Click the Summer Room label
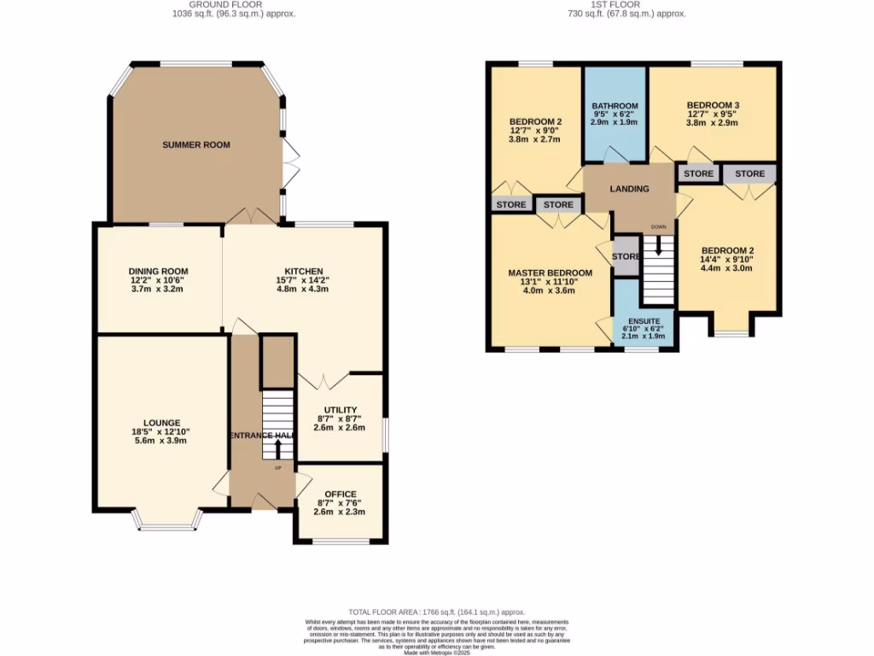pos(196,145)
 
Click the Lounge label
pos(161,423)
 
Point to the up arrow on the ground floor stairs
pos(278,448)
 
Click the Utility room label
pos(340,410)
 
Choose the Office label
pos(340,494)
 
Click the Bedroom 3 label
pos(713,105)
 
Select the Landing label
pos(629,189)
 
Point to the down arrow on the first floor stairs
pos(658,246)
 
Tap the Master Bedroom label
pos(550,272)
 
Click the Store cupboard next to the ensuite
pos(625,256)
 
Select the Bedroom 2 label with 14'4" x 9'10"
pos(728,250)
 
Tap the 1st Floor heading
pos(626,4)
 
